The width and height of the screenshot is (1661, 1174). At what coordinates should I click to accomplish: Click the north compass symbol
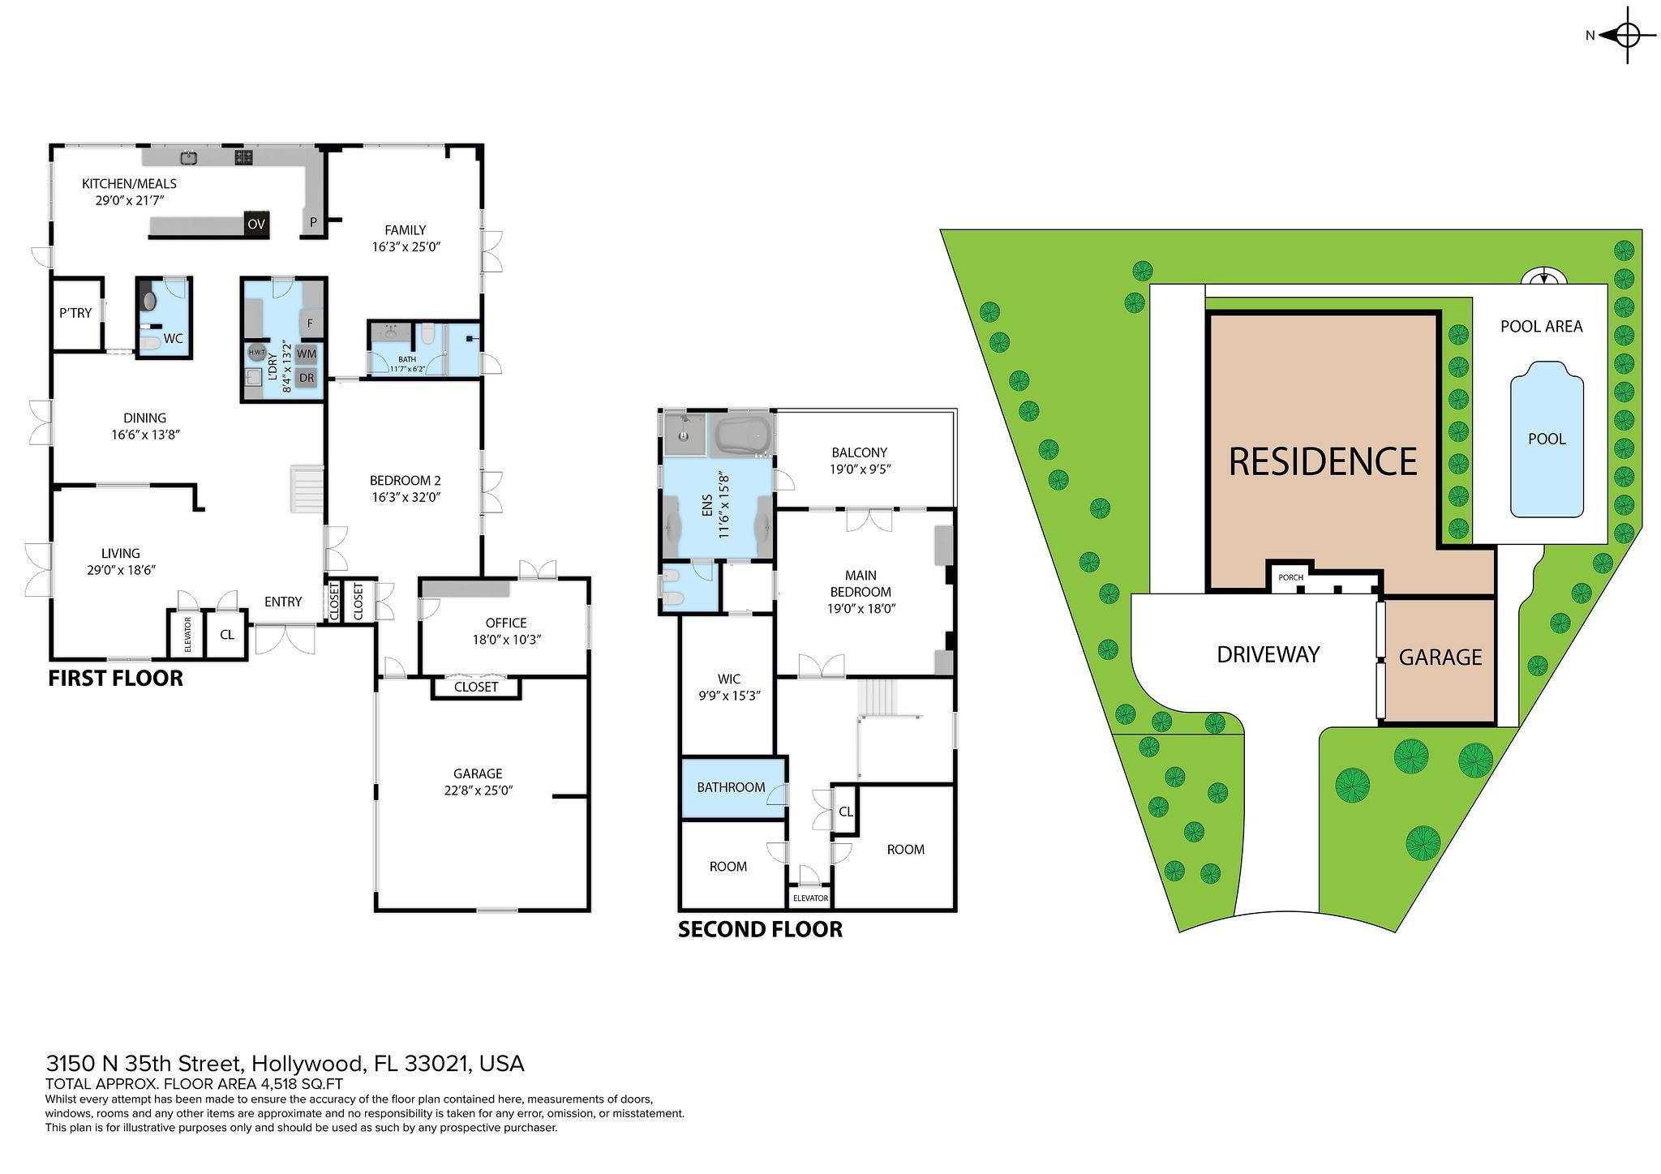coord(1627,35)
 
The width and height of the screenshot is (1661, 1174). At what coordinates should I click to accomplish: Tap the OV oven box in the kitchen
coord(256,225)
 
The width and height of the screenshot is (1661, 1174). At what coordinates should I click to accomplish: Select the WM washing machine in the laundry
coord(307,353)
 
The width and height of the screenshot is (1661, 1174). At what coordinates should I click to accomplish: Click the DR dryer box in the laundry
coord(307,378)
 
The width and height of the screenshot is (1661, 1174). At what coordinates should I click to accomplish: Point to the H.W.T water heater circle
coord(256,353)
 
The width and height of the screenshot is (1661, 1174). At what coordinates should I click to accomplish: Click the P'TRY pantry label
coord(75,313)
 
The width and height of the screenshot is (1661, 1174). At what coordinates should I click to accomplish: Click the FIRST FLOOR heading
coord(115,678)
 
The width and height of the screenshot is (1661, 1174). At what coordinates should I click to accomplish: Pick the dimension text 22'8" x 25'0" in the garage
coord(479,790)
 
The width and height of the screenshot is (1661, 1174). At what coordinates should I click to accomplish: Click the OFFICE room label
coord(506,623)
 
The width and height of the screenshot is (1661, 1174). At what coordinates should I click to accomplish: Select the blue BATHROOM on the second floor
coord(732,787)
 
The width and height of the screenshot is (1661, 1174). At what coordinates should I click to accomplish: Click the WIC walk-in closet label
coord(728,679)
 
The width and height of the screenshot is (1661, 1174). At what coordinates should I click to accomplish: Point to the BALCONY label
coord(859,452)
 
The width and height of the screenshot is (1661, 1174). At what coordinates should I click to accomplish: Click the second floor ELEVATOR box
coord(810,898)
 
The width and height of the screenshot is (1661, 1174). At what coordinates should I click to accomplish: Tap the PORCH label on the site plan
coord(1290,577)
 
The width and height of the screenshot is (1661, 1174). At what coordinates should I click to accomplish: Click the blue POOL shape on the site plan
coord(1546,439)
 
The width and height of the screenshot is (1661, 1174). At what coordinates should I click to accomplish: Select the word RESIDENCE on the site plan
coord(1323,461)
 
